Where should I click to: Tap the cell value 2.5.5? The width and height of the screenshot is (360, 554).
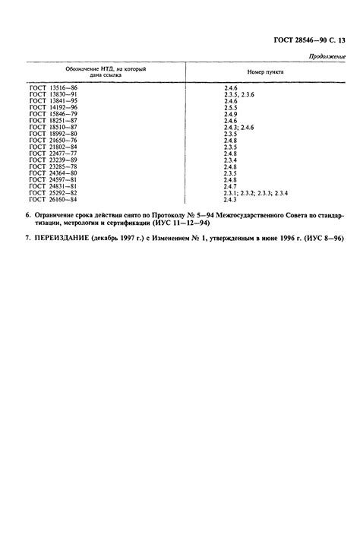tap(231, 109)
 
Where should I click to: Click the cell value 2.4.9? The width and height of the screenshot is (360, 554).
tap(231, 115)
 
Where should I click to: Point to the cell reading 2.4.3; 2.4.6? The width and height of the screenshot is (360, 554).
tap(238, 127)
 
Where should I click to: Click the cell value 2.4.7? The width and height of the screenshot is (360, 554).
tap(231, 187)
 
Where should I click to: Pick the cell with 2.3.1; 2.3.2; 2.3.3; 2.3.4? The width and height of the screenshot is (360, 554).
tap(255, 193)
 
